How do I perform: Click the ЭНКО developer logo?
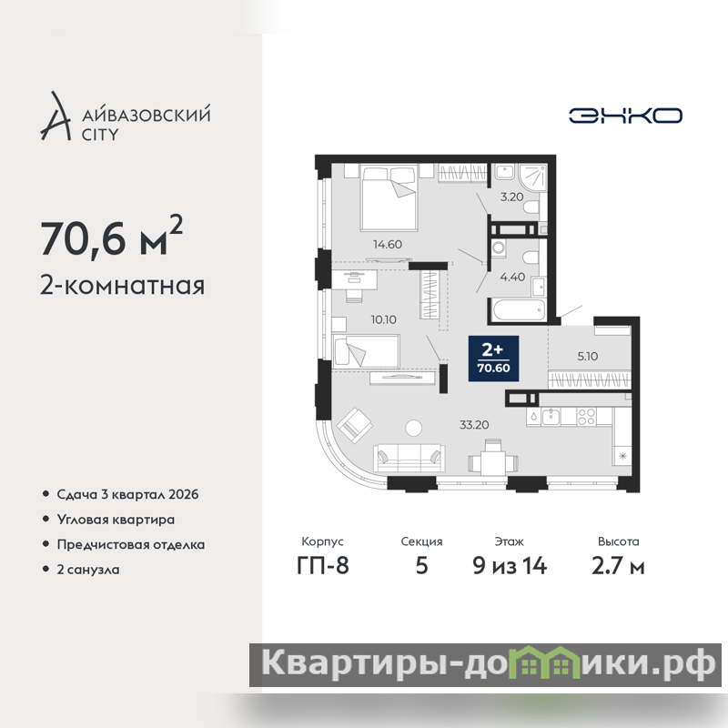625,116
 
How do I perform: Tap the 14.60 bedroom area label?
388,244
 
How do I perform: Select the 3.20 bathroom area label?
511,197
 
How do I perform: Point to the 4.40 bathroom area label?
512,277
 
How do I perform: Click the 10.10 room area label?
383,319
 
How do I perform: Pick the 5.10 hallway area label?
587,356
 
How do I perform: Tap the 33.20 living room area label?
474,424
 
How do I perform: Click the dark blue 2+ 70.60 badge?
493,359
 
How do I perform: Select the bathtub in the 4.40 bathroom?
518,309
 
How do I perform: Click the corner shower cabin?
533,177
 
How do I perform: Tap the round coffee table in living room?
413,428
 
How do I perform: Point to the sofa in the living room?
409,458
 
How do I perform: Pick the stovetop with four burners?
586,417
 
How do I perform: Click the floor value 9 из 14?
510,565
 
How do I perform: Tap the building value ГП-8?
323,565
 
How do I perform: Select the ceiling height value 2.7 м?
618,565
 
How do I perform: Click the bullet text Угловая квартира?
116,520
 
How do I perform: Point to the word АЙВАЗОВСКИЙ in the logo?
147,115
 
